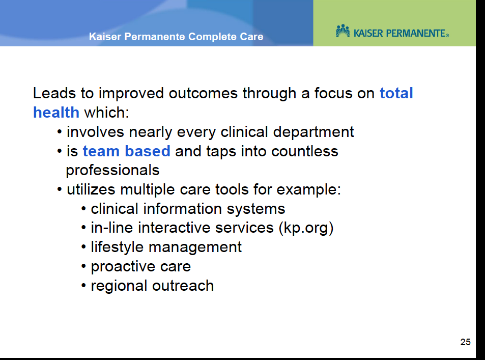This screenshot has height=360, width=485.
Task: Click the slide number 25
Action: pos(465,342)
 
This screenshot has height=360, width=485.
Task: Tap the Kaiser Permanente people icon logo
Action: pos(343,31)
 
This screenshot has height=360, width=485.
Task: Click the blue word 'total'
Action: pos(396,93)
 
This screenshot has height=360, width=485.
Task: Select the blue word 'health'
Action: pos(56,112)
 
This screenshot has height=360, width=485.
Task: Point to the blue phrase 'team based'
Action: pos(127,151)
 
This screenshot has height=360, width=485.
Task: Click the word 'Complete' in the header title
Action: pos(212,37)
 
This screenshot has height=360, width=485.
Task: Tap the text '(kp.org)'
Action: pos(306,228)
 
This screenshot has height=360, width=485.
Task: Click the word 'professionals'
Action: pos(112,171)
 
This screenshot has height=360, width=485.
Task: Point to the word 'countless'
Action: pos(305,151)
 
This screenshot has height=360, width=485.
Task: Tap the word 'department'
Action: pos(313,132)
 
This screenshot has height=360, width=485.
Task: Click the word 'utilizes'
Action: pos(91,189)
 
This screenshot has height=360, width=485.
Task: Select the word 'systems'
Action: pos(256,209)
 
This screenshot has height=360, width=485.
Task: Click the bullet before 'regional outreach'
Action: pos(83,286)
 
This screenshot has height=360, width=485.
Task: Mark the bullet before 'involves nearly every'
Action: pos(60,132)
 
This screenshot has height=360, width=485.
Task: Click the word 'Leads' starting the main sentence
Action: pos(54,93)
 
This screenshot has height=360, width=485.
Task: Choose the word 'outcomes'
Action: pos(203,93)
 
